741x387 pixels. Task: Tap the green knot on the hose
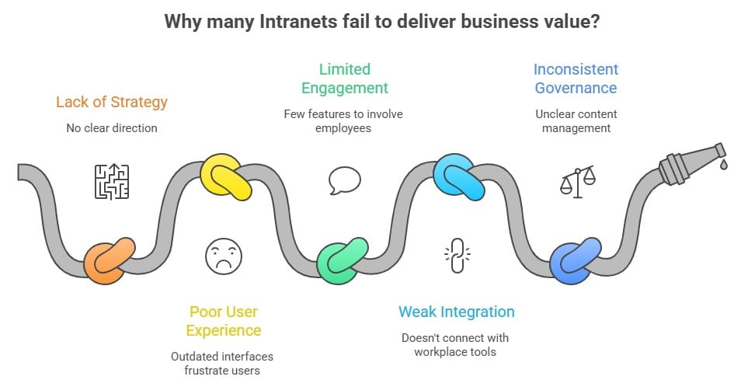pos(342,262)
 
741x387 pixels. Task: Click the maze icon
pos(112,181)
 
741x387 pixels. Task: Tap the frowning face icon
pos(224,255)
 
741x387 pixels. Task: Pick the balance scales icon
pos(578,181)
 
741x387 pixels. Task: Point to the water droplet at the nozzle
pos(723,165)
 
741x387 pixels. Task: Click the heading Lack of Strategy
pos(112,102)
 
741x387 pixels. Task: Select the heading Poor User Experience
pos(224,321)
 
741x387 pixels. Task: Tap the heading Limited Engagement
pos(344,78)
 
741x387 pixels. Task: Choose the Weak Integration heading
pos(457,312)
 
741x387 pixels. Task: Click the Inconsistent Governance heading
pos(576,78)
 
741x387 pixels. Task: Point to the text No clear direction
pos(112,127)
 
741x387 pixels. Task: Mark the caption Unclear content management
pos(576,120)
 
